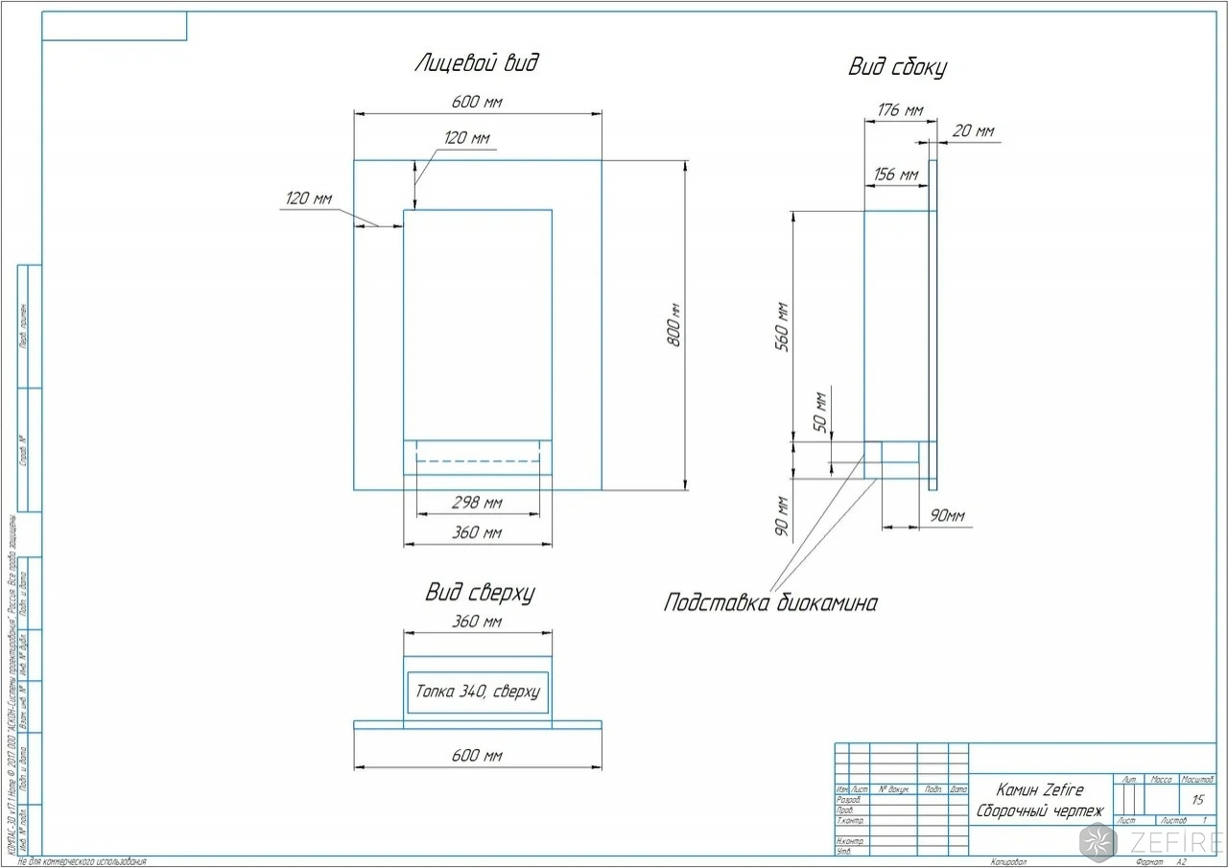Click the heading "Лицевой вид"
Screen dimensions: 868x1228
point(477,64)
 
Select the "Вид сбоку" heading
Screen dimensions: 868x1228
point(898,67)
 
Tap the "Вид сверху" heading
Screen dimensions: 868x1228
point(479,593)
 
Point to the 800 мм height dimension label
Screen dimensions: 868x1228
point(674,325)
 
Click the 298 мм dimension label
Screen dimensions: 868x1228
point(477,504)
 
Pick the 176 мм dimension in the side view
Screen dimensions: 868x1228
point(900,110)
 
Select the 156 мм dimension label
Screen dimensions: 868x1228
point(896,175)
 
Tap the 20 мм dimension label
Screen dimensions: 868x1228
point(973,131)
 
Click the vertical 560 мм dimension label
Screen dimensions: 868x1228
point(781,325)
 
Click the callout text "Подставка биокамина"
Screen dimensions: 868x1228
point(770,603)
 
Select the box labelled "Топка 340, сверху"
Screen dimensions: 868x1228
point(478,692)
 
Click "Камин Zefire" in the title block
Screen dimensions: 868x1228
point(1039,790)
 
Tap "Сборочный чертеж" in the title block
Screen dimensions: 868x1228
point(1039,811)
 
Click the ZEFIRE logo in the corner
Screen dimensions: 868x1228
point(1151,841)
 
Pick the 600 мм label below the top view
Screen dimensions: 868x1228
point(477,757)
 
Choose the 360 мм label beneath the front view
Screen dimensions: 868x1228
point(477,533)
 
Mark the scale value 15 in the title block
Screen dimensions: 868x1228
point(1197,800)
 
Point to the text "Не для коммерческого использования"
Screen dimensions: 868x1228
point(82,862)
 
